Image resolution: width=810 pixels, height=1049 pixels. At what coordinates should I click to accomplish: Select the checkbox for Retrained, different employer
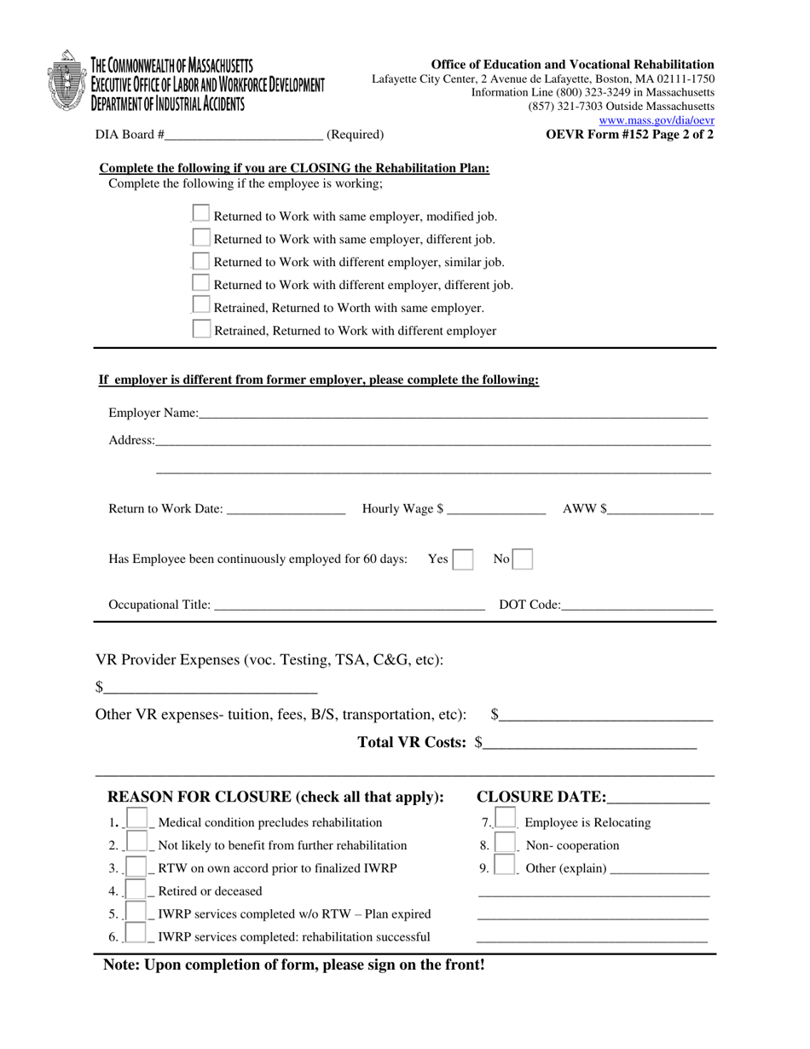click(x=201, y=329)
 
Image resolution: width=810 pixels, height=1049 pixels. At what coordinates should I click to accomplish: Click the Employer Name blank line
click(x=453, y=413)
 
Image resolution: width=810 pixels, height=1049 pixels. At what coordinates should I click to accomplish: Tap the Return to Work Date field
click(x=286, y=509)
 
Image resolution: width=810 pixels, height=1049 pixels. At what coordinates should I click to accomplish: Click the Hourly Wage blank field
click(x=496, y=509)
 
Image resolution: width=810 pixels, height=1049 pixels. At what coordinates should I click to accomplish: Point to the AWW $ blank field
click(x=660, y=509)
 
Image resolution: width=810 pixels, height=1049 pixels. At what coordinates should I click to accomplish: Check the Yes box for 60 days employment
click(x=463, y=559)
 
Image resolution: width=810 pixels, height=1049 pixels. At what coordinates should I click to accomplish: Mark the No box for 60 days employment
click(x=523, y=559)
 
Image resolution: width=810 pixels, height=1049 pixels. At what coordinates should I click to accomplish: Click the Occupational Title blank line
click(x=349, y=605)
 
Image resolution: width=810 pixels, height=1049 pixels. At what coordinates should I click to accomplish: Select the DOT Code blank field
click(x=637, y=605)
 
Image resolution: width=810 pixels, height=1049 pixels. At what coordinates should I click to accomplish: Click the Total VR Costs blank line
click(x=589, y=743)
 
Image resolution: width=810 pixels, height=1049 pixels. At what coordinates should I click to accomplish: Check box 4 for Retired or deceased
click(x=136, y=890)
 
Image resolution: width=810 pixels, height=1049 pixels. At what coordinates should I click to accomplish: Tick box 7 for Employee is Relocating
click(x=506, y=820)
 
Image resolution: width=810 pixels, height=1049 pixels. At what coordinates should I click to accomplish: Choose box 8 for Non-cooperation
click(x=506, y=843)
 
